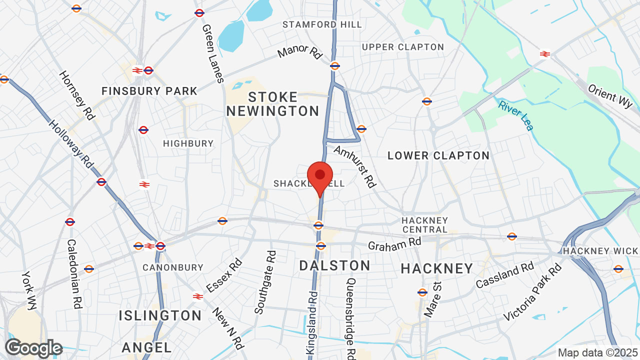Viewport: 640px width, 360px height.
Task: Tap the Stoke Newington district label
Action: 272,104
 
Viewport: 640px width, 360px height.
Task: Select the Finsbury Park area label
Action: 149,91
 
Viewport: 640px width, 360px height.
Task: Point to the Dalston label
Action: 334,265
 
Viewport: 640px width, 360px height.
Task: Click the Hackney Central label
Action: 424,224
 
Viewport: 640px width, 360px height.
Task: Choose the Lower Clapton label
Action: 438,155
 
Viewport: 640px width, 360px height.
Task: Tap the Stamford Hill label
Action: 322,24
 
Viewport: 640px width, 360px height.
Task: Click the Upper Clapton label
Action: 402,47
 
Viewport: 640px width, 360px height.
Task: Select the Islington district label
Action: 160,315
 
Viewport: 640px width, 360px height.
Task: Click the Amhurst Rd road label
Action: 354,167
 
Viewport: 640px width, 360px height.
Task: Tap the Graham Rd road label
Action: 394,244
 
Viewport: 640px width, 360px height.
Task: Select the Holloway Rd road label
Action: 71,143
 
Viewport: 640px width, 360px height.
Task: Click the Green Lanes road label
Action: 212,53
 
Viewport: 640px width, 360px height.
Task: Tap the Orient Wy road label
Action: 610,96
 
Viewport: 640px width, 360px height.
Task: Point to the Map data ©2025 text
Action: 596,352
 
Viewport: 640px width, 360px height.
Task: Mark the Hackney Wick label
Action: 600,251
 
